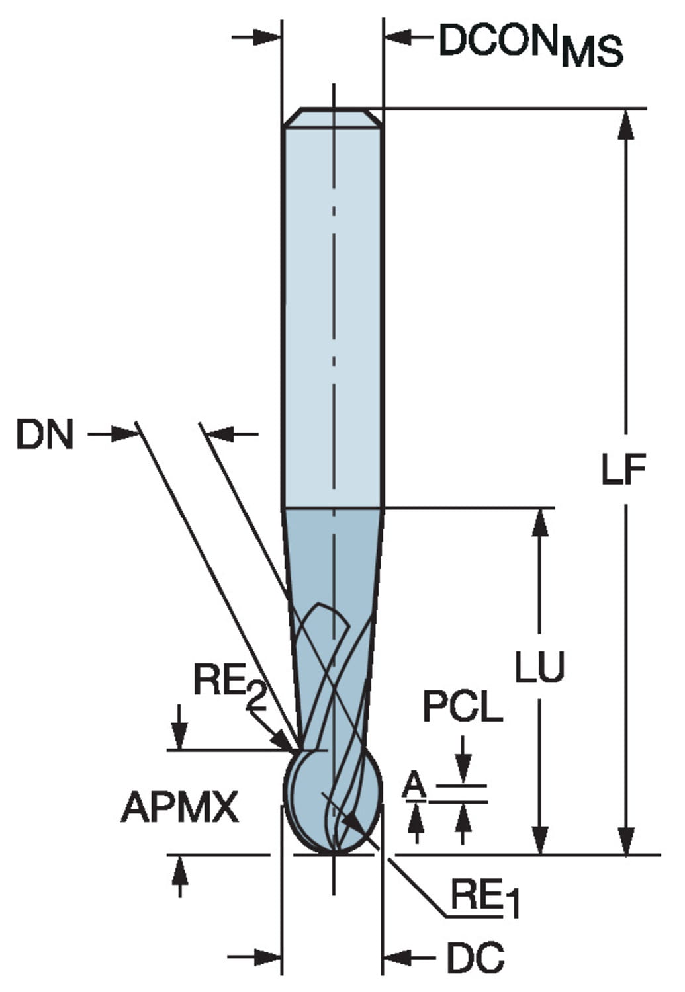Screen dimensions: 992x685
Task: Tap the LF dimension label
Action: pos(623,470)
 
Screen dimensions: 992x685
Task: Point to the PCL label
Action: pos(463,707)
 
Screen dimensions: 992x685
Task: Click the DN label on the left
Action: pos(45,436)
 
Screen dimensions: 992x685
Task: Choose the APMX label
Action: pos(179,807)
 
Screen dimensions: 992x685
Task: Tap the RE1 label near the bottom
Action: pos(485,899)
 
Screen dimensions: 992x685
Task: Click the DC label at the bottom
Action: pos(475,958)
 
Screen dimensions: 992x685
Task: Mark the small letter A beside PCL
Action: pos(414,786)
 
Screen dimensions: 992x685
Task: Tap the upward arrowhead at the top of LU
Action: pos(541,522)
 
